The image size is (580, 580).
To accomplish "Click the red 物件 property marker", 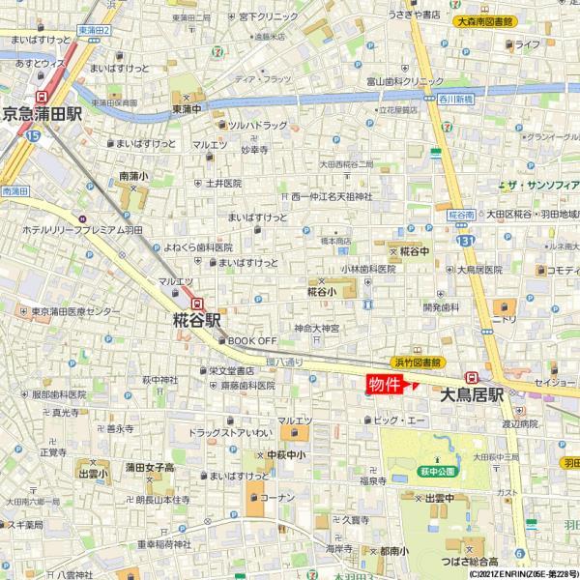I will coord(385,384).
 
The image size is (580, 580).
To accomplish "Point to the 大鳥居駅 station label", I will coord(473,394).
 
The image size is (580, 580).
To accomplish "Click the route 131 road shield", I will coord(467,240).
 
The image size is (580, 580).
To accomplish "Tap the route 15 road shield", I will coord(34,136).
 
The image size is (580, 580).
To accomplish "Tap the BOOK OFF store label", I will coord(251,340).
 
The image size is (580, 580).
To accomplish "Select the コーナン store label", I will coord(276,497).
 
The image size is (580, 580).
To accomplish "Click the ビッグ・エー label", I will coord(399,420).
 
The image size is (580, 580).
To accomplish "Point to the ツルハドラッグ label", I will coord(257,126).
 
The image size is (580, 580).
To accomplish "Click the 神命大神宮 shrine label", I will coord(317,328).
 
